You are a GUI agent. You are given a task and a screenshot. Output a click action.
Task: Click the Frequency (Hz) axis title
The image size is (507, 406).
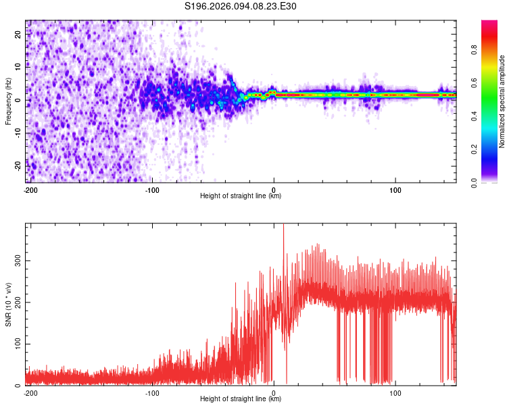click(8, 101)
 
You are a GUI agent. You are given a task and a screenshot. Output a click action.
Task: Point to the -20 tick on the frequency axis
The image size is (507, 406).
click(18, 165)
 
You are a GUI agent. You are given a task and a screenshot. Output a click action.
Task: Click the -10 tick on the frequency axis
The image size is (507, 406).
click(18, 133)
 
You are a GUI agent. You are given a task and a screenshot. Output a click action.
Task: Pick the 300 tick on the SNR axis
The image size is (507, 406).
click(18, 260)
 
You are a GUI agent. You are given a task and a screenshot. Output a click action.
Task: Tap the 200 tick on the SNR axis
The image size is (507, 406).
click(18, 302)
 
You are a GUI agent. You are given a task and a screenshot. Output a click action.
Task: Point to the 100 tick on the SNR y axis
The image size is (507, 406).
click(18, 344)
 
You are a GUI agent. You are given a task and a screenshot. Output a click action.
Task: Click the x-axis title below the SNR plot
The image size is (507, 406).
click(240, 399)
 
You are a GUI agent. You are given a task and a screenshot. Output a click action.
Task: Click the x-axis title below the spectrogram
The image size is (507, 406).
click(240, 196)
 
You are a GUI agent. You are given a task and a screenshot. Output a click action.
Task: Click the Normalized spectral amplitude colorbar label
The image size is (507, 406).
click(502, 101)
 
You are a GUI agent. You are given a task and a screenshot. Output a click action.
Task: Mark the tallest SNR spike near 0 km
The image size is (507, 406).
click(283, 227)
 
